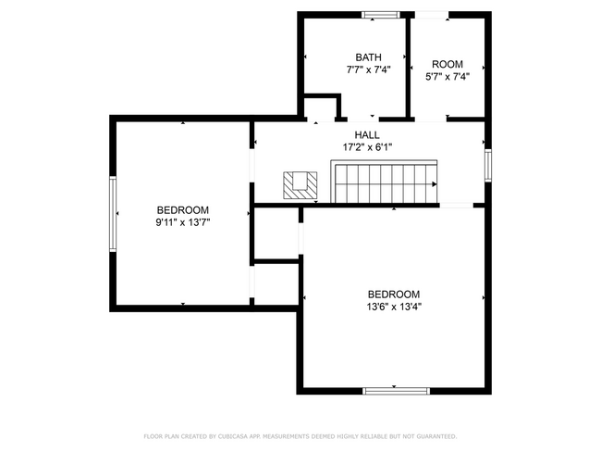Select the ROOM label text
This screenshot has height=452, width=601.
(447, 64)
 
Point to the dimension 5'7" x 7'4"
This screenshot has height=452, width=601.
(447, 77)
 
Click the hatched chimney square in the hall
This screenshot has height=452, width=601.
(301, 184)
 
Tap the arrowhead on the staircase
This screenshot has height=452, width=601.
(433, 183)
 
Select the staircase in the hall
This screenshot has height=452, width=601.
(385, 182)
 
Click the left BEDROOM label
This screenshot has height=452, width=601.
(182, 210)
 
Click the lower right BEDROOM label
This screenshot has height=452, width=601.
(394, 293)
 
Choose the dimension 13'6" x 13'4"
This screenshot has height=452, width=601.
(394, 306)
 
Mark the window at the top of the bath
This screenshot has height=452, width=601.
(381, 14)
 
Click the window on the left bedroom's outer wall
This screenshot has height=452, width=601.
(114, 214)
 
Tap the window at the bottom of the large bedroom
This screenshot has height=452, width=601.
(396, 391)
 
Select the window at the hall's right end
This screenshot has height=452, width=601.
(486, 164)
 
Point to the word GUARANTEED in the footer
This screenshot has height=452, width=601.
(435, 435)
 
